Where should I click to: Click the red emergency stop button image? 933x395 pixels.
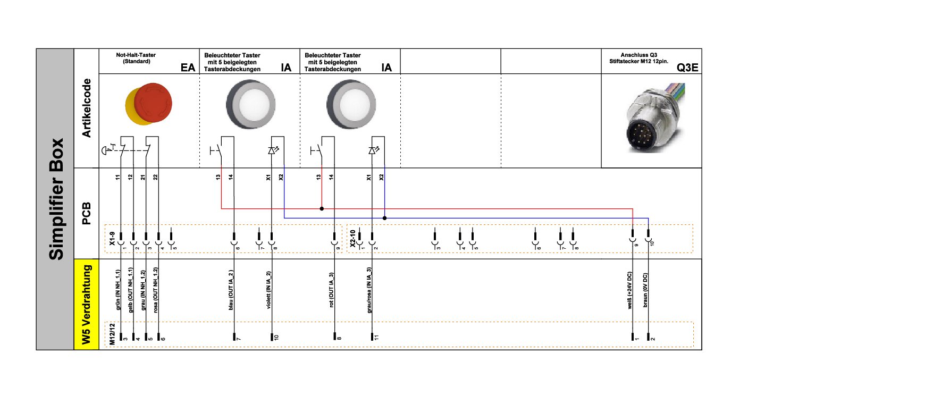point(149,104)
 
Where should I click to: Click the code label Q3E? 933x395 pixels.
point(687,68)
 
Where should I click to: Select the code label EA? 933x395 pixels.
point(188,68)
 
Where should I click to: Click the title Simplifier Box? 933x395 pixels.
point(56,199)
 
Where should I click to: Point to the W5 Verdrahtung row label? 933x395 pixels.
point(86,304)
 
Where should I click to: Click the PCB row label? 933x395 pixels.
point(86,213)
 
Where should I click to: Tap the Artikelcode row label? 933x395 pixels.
point(86,108)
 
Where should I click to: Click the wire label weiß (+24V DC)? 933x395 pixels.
point(630,290)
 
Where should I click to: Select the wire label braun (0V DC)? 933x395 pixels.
point(645,290)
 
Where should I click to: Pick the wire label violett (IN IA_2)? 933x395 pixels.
point(269,290)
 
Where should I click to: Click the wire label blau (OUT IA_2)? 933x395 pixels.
point(231,290)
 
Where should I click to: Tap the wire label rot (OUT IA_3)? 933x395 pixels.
point(331,290)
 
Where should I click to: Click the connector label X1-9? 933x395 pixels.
point(112,238)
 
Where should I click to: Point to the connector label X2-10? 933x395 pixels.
point(352,238)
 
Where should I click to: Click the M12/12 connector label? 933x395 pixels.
point(112,334)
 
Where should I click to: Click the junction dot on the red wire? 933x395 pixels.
point(322,208)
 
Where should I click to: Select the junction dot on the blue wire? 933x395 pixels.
point(384,218)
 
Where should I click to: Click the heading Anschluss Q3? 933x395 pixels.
point(638,55)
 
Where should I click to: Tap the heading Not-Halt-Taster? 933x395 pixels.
point(136,55)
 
